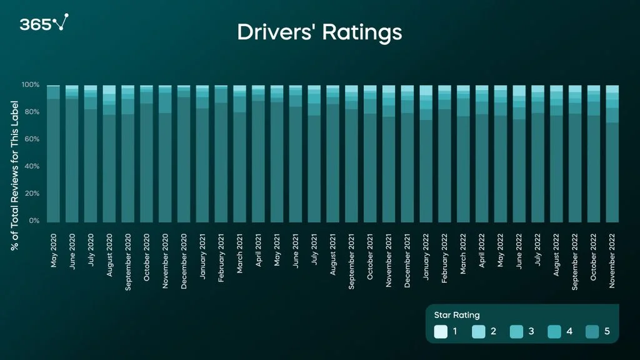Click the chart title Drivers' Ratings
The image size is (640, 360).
click(319, 32)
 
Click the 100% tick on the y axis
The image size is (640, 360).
click(31, 85)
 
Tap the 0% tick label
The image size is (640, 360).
click(34, 221)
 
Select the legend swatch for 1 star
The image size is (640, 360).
click(441, 331)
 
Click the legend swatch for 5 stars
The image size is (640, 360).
click(592, 331)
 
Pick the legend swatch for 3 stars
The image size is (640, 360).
click(517, 331)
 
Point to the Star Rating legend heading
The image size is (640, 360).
click(457, 315)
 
